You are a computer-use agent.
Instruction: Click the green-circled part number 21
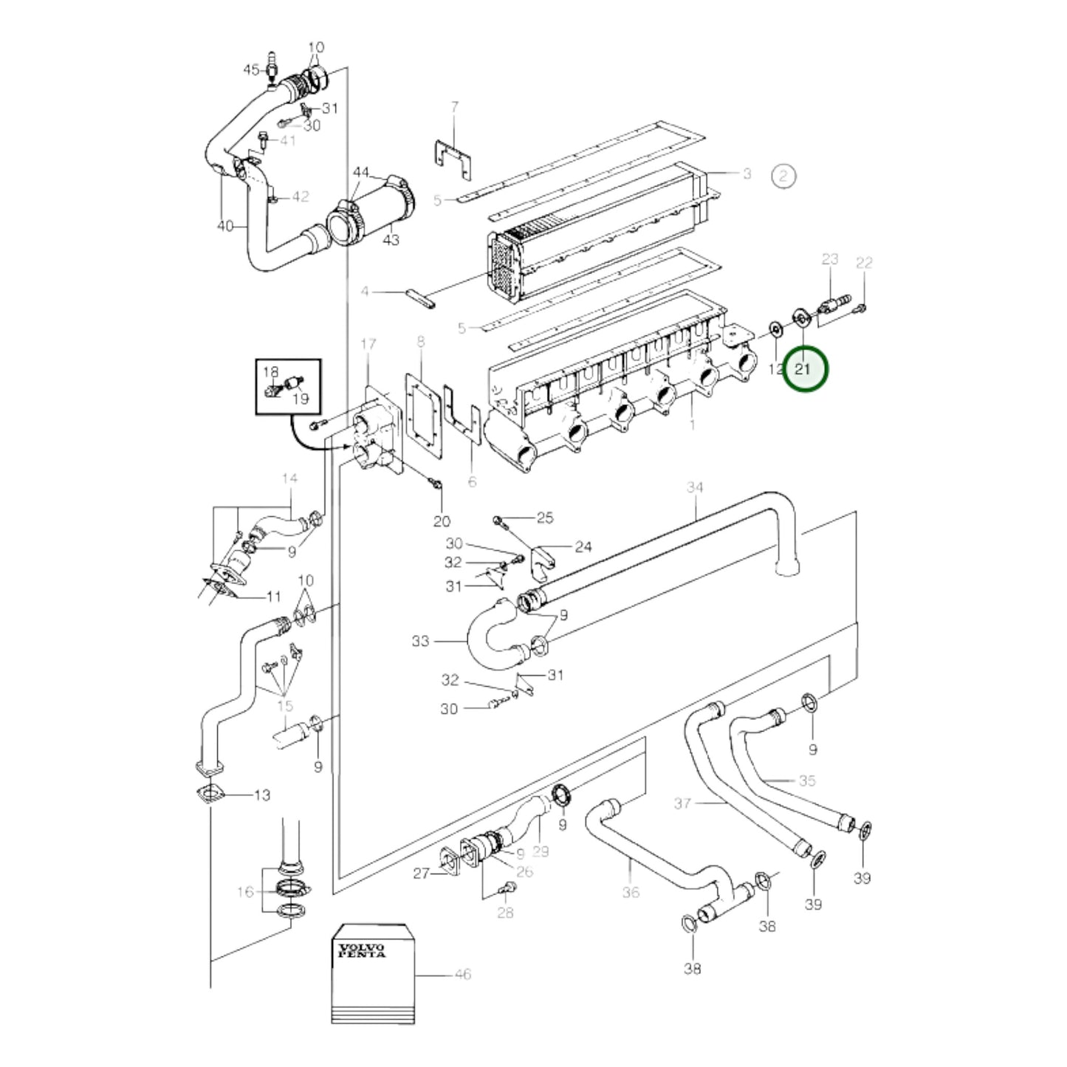(803, 368)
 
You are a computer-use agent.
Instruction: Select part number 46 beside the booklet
(462, 989)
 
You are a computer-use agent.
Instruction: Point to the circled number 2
(783, 176)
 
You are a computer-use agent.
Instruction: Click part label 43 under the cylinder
(391, 240)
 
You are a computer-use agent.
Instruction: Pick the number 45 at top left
(252, 69)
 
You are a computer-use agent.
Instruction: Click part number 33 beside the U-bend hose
(421, 641)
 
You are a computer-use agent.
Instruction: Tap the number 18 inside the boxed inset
(271, 371)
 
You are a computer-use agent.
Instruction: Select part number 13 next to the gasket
(262, 795)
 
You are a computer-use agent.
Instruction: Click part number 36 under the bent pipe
(631, 892)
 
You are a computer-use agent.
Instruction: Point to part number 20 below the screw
(442, 521)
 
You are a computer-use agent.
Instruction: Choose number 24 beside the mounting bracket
(583, 547)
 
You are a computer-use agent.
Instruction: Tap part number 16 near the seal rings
(244, 892)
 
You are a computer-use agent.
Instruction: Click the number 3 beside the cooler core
(747, 174)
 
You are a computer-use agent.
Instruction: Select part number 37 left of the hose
(683, 803)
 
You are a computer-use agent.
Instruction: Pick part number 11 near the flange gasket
(273, 597)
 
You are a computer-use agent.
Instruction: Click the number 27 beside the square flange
(422, 889)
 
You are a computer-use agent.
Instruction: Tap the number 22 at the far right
(865, 263)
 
